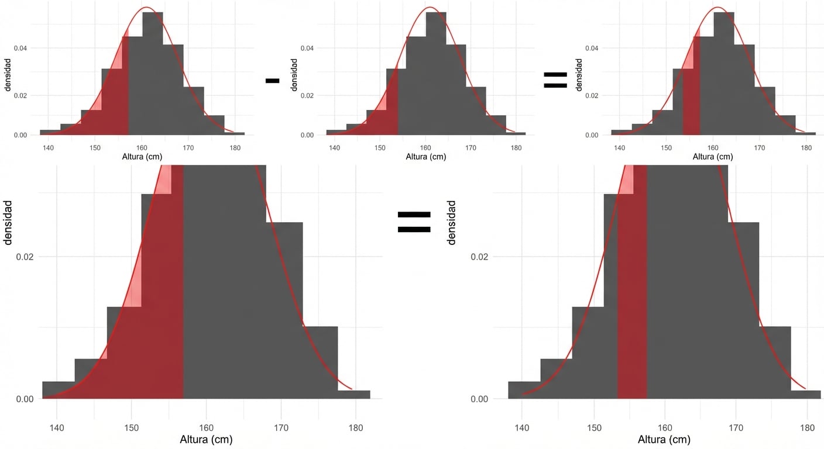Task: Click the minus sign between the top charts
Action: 272,81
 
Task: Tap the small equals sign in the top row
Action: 555,80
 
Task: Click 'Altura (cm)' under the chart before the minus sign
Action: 142,157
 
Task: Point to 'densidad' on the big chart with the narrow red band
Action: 451,222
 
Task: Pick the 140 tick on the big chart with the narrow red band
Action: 522,427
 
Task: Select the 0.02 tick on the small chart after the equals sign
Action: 592,95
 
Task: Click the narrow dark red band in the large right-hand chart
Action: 633,292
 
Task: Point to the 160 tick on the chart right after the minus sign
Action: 425,148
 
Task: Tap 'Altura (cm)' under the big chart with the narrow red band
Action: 664,440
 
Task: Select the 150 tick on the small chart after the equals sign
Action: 666,148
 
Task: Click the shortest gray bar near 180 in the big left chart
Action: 354,395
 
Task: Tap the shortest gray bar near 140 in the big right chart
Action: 524,390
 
